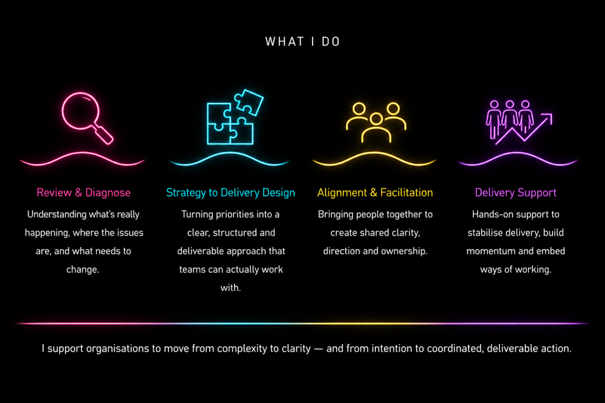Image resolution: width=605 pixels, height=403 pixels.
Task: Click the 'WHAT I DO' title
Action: point(302,42)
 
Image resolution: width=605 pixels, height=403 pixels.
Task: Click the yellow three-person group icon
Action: point(376,122)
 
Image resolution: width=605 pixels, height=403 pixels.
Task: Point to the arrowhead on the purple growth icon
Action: point(548,117)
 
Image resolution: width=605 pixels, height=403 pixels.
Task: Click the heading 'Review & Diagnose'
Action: point(83,192)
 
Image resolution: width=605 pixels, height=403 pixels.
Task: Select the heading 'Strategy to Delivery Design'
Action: point(230,192)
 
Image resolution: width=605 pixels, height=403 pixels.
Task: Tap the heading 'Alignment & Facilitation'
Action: point(375,192)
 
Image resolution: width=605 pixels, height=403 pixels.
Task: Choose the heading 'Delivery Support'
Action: point(515,192)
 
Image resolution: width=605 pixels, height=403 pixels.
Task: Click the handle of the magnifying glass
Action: point(103,135)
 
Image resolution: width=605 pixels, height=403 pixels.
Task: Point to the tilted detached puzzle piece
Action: point(249,102)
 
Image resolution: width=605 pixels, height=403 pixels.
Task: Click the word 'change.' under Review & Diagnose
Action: point(83,269)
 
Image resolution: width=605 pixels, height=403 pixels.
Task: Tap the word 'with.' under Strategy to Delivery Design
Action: point(230,288)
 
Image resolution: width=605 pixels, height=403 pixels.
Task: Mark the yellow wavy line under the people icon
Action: point(374,159)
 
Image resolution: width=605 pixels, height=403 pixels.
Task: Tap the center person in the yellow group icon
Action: point(376,127)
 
